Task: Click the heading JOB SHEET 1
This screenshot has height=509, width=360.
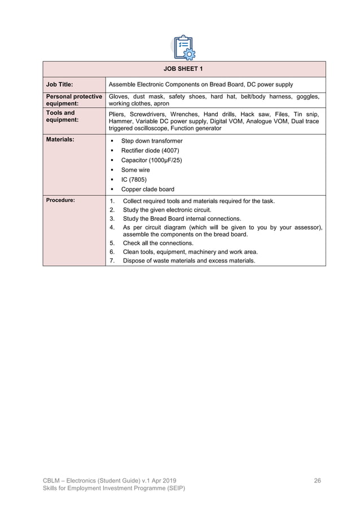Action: [x=184, y=69]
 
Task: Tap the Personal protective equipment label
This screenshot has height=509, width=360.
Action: [x=73, y=100]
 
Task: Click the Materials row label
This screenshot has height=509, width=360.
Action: [x=60, y=139]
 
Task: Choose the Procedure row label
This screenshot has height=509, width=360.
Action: [x=60, y=200]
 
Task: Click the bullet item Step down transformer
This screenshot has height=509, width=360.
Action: [x=152, y=141]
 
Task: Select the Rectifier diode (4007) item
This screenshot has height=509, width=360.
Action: [x=150, y=151]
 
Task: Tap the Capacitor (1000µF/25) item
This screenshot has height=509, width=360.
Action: [x=151, y=160]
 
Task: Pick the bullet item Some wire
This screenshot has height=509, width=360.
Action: [x=135, y=170]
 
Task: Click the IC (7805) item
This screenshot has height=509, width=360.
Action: [x=134, y=179]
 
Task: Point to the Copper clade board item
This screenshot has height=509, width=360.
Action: [x=148, y=190]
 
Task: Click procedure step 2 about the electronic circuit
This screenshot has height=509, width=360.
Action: [x=167, y=209]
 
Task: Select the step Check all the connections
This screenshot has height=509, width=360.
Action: [x=158, y=243]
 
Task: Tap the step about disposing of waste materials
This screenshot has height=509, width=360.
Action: [x=188, y=261]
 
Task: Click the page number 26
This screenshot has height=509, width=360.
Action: [x=317, y=480]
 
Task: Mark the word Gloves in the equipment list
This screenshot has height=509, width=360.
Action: [x=118, y=96]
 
